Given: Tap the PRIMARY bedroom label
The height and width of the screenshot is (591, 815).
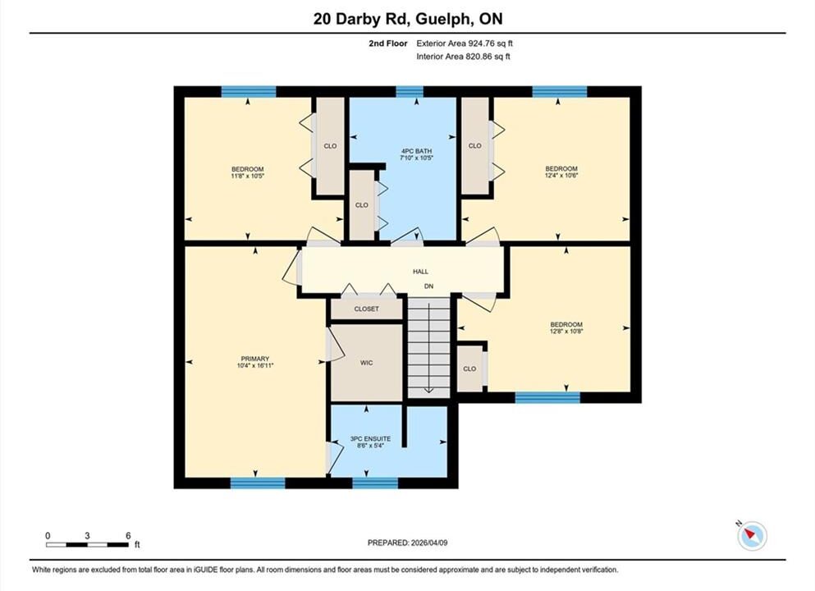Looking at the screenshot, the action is [x=254, y=359].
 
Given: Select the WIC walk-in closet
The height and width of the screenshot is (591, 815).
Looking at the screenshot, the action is [x=366, y=363].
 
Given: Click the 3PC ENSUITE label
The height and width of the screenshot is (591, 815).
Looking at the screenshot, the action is [x=370, y=438].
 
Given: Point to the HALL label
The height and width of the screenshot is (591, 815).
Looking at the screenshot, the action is [x=420, y=272].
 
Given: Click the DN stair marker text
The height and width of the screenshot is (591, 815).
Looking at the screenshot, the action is [x=428, y=286].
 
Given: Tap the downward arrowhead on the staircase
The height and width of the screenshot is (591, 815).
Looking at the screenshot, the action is [x=428, y=390].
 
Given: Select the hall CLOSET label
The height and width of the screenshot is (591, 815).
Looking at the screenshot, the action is [x=366, y=309].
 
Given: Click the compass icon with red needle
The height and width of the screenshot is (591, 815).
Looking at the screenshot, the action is [x=752, y=535].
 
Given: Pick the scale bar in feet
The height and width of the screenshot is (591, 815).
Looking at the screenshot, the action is [x=87, y=545].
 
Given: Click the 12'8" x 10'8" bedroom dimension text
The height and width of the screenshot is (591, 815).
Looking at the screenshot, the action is [x=566, y=331].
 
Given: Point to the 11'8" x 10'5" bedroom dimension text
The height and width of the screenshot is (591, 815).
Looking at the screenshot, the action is [x=247, y=176].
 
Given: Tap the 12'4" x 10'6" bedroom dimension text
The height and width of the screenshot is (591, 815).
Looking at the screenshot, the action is [x=561, y=175].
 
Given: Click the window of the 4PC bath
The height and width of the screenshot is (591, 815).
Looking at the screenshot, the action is [x=410, y=92].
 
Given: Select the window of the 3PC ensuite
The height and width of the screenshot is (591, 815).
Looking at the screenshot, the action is [x=375, y=483].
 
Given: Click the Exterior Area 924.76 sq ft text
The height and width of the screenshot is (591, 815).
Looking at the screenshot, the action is [x=465, y=44].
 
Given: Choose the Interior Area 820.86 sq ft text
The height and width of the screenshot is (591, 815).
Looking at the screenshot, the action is [x=463, y=56].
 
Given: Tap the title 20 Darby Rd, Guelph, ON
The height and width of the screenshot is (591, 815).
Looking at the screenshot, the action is [x=408, y=19].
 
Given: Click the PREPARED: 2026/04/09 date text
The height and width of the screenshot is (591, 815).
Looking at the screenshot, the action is [x=407, y=543].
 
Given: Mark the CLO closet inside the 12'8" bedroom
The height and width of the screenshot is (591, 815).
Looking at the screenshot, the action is [x=469, y=369].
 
